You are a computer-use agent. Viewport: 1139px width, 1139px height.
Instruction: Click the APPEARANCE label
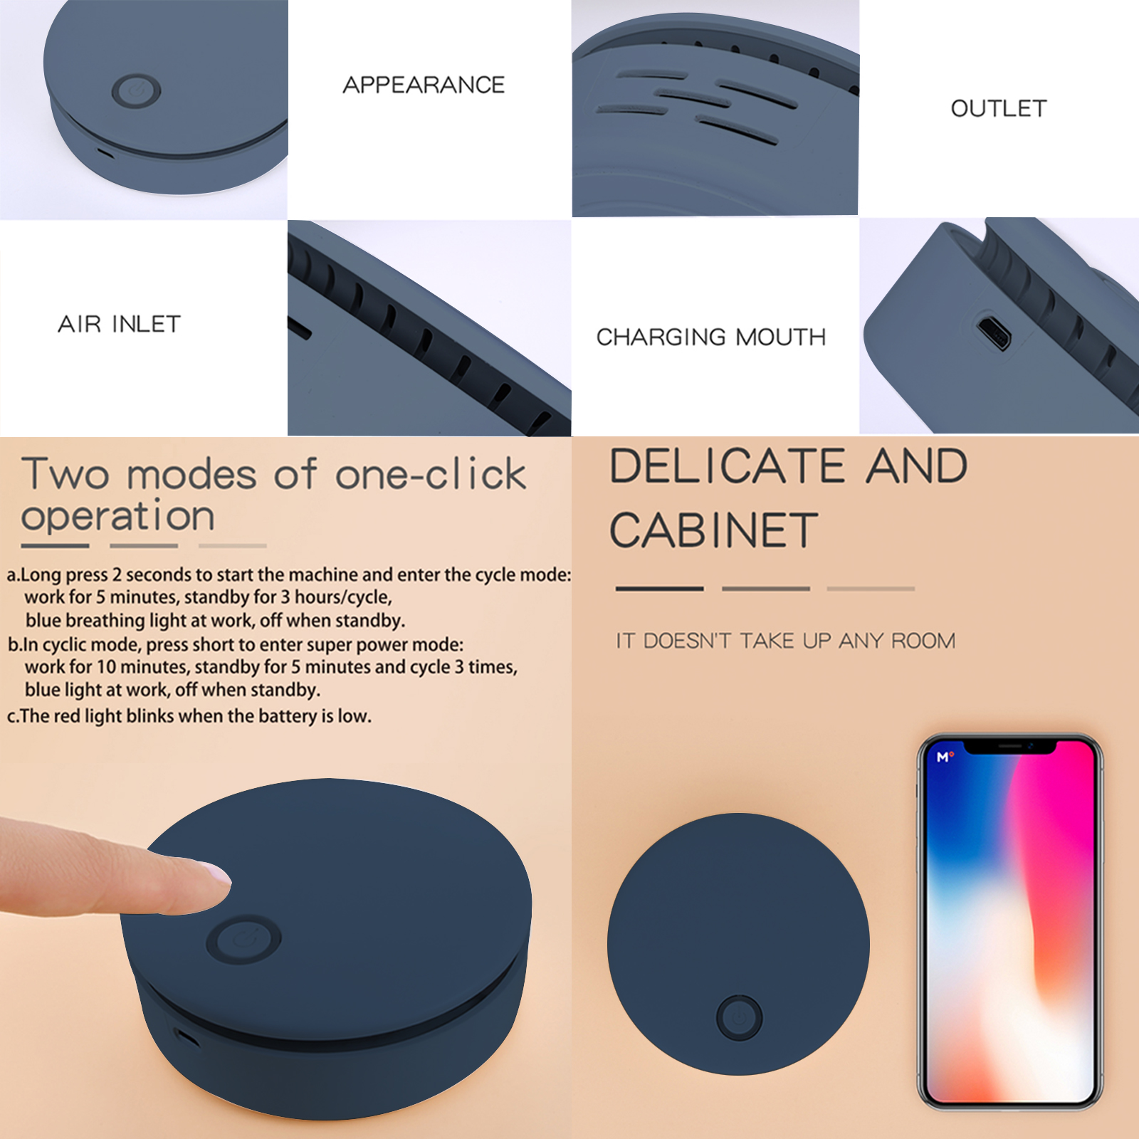(424, 85)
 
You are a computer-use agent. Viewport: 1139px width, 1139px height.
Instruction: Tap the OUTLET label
(999, 108)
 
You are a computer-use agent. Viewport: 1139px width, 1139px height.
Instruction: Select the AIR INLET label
(119, 324)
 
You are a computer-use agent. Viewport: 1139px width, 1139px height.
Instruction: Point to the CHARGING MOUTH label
(711, 337)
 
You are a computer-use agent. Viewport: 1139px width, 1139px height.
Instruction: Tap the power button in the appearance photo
(136, 91)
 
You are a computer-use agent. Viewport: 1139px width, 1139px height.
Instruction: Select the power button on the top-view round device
(739, 1017)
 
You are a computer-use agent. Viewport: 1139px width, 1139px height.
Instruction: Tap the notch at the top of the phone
(1009, 746)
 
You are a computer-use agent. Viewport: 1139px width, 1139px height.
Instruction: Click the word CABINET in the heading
(714, 530)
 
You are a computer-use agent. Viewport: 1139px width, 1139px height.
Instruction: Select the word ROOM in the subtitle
(923, 641)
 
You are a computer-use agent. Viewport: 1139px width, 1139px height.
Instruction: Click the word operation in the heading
(118, 515)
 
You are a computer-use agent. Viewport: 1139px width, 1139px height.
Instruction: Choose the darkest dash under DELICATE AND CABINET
(659, 589)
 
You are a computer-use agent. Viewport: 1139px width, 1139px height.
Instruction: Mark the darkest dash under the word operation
(55, 546)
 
